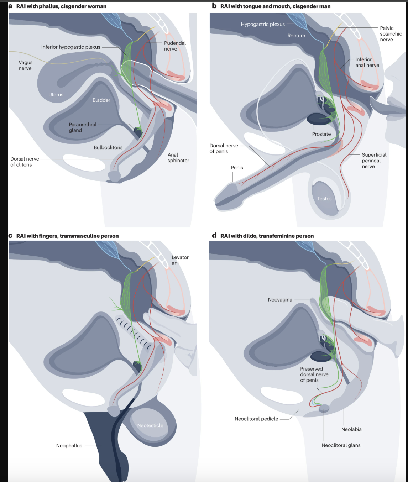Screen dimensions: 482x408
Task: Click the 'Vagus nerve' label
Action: [25, 66]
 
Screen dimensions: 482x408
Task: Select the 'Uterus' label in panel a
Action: [56, 95]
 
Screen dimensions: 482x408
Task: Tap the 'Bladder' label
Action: [101, 100]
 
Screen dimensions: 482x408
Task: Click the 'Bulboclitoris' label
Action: [108, 147]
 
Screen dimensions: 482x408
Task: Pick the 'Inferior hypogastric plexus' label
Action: [70, 47]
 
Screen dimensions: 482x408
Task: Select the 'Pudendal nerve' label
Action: [175, 46]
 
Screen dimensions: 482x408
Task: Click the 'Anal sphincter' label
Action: [178, 158]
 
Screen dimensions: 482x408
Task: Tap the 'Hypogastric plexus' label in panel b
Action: [263, 24]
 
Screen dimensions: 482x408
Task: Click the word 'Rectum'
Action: [296, 36]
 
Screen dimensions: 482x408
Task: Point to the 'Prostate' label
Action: [321, 134]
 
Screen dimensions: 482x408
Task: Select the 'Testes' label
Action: [324, 199]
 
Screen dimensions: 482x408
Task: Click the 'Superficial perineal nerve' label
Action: [374, 161]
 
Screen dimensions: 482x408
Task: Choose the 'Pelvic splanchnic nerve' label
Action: [391, 34]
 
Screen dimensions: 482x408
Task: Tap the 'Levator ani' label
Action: [180, 260]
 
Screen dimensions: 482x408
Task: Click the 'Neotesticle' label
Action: [150, 425]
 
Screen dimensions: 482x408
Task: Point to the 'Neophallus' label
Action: [69, 446]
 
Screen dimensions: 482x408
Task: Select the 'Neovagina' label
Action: [280, 300]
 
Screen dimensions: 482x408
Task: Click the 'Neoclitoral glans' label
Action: [341, 445]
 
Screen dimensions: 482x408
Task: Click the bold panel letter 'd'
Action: [214, 235]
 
